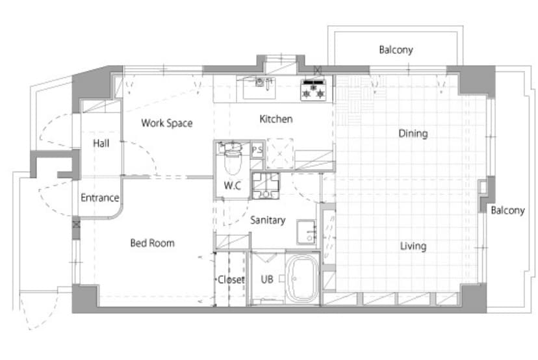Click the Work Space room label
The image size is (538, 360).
(x=167, y=123)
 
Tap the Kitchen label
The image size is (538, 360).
(x=276, y=119)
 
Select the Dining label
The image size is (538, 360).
(x=413, y=133)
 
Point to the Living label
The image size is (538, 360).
(x=413, y=246)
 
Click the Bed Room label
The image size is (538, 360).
(x=152, y=243)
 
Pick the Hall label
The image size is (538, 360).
(x=101, y=143)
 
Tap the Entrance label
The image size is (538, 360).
(x=100, y=198)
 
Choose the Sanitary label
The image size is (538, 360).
(x=268, y=220)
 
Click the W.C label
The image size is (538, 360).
(x=232, y=186)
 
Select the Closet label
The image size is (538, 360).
(x=231, y=279)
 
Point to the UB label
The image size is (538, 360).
(x=267, y=279)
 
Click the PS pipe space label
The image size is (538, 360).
(x=257, y=149)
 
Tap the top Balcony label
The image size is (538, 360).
(x=396, y=50)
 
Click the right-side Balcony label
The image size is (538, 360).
(x=508, y=211)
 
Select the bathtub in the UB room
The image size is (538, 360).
(x=302, y=278)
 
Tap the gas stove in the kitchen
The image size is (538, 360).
(x=314, y=90)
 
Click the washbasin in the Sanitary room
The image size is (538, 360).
(x=307, y=232)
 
